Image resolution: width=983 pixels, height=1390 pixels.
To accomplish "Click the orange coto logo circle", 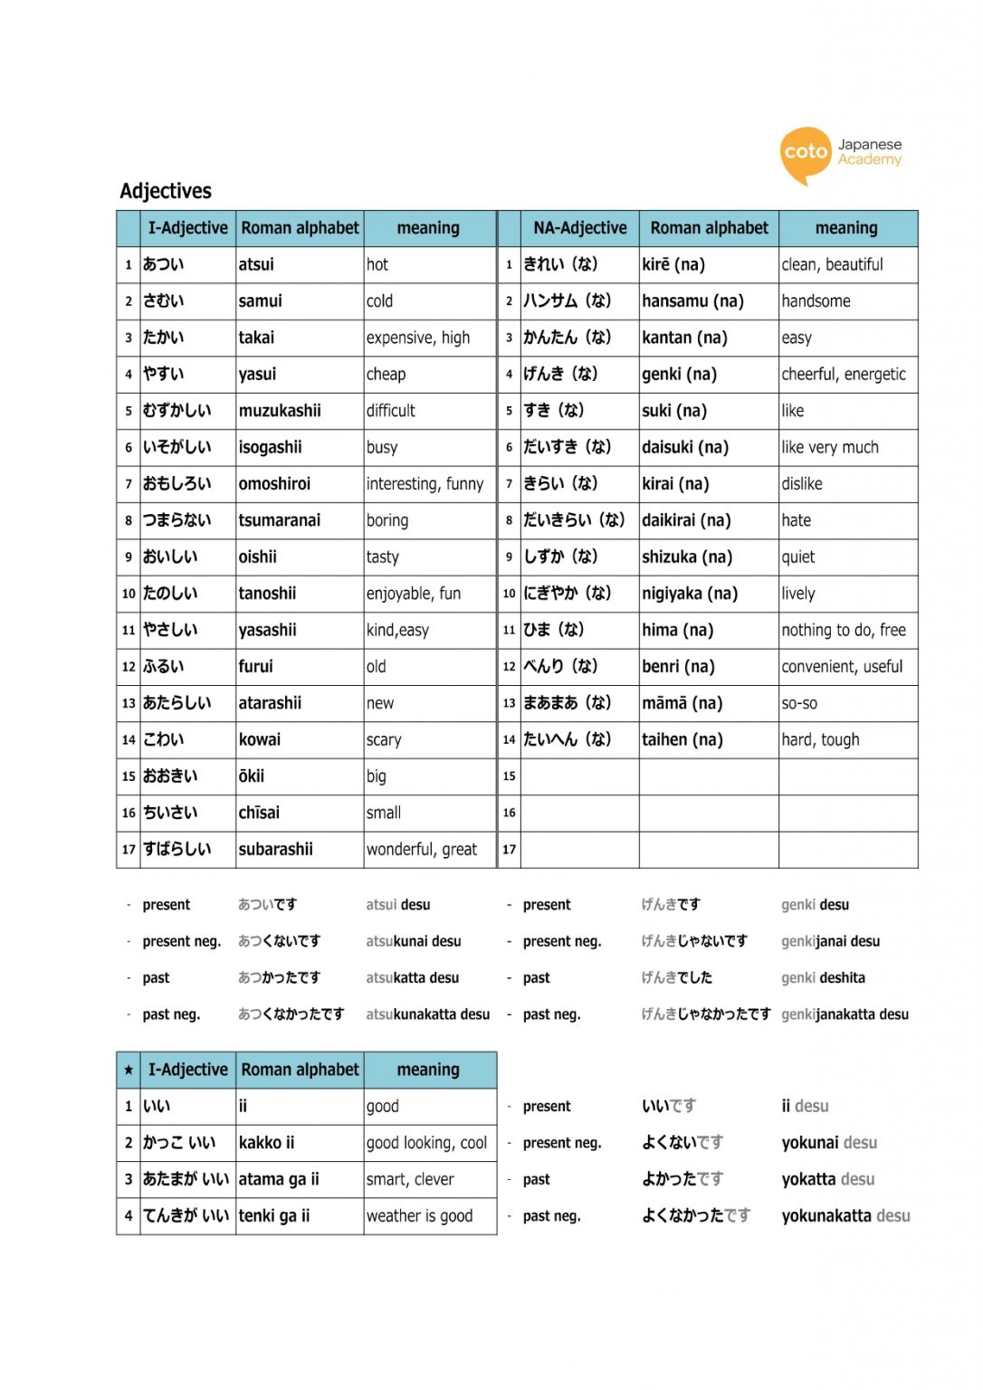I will point(805,153).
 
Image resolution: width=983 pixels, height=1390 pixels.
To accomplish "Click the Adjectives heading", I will point(166,191).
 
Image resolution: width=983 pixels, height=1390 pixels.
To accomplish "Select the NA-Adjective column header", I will point(579,228).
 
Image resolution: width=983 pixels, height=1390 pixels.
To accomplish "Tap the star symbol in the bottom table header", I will point(129,1071).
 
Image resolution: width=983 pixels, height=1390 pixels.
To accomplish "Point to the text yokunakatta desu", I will point(845,1216).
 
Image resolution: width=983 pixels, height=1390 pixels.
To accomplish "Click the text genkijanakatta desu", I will point(845,1014).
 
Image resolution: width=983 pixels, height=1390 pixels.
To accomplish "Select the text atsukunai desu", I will point(414,941).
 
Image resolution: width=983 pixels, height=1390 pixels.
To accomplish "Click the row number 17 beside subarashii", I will point(129,850).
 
